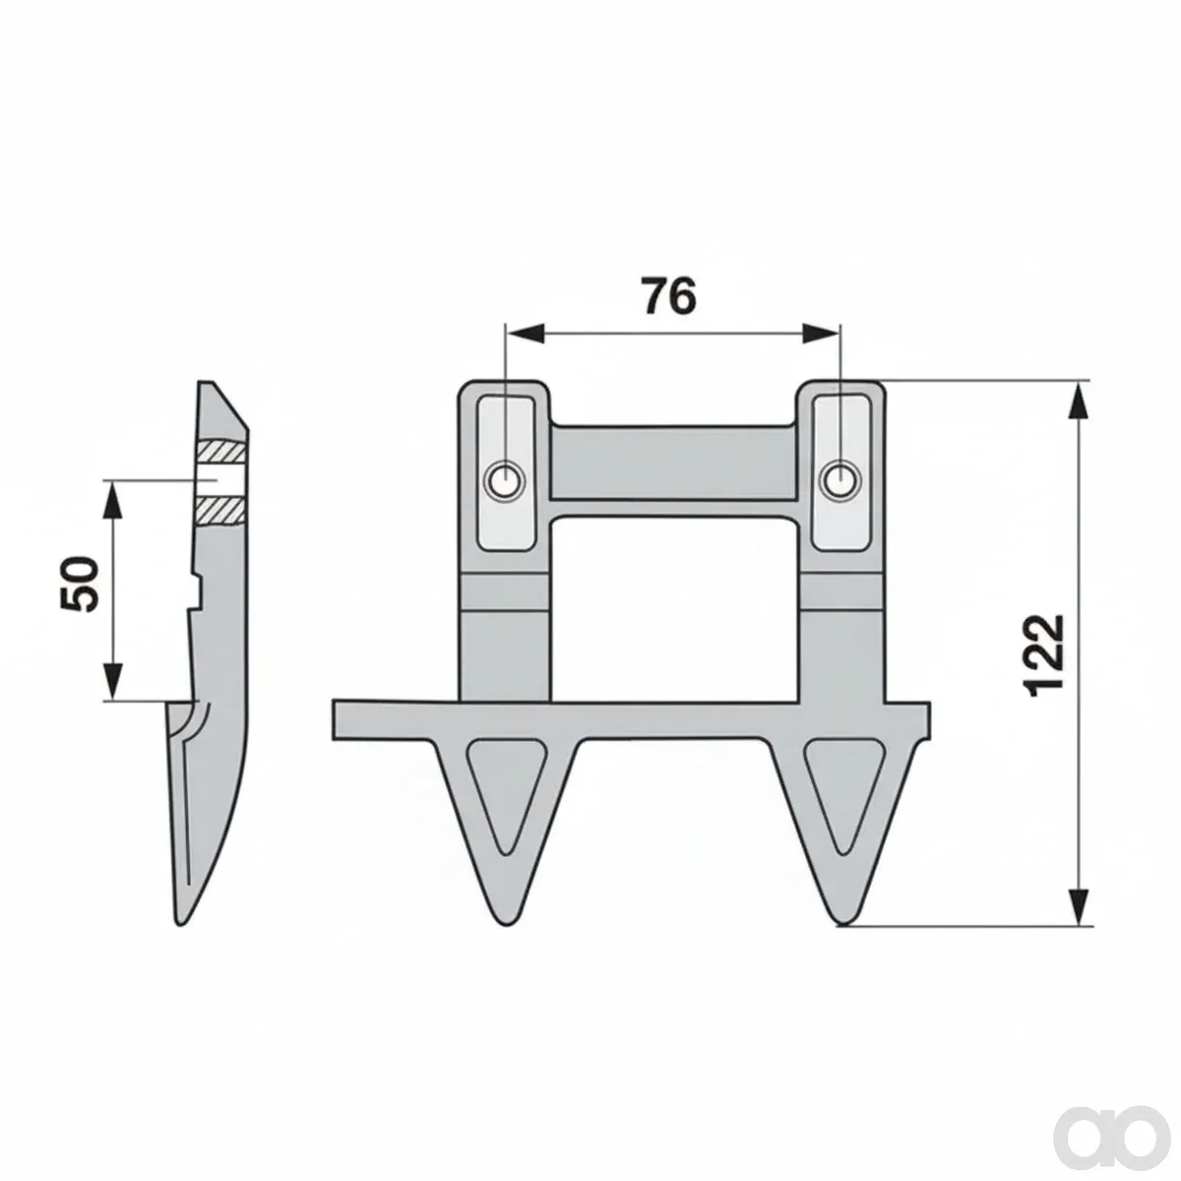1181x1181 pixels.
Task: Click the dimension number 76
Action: (x=668, y=296)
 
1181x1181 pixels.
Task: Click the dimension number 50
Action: (x=80, y=584)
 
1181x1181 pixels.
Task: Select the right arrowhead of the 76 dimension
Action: (x=820, y=334)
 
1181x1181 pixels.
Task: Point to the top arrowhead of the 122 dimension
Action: (x=1080, y=401)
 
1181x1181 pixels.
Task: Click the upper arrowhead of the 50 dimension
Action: (x=114, y=500)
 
